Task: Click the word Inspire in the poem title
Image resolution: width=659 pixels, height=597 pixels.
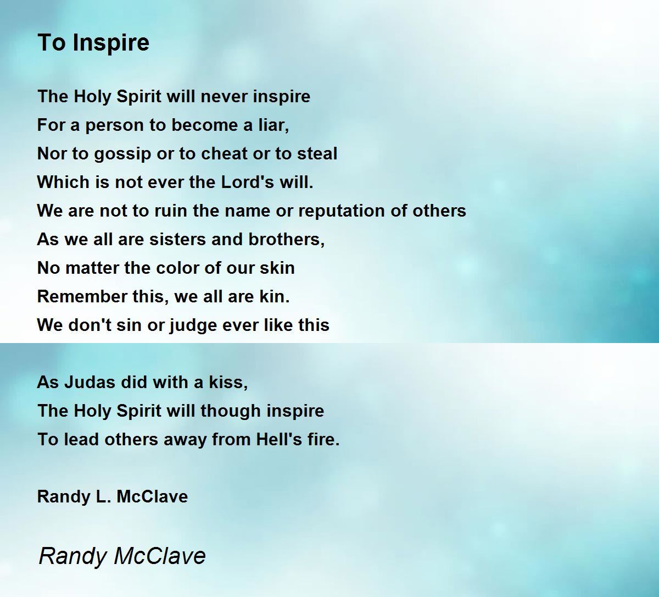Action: (x=111, y=43)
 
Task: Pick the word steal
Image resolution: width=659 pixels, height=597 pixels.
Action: (x=317, y=154)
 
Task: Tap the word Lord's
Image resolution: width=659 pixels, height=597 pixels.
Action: (x=247, y=182)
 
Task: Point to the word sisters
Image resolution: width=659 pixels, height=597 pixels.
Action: (x=178, y=240)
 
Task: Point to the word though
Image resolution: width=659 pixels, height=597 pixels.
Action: (x=231, y=412)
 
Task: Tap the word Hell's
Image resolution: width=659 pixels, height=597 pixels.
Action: (x=279, y=440)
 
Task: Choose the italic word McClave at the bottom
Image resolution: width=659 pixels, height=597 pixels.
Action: (x=160, y=556)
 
